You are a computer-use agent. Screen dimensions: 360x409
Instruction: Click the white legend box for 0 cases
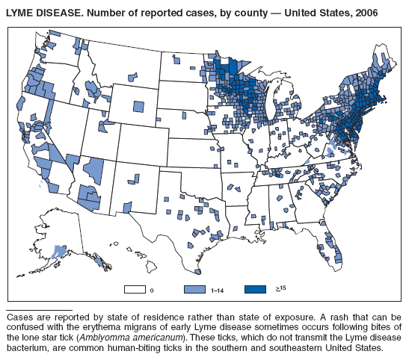pos(135,288)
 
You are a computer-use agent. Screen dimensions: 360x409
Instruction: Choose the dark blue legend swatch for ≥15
pos(254,288)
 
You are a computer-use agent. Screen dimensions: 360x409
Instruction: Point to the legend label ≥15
pos(275,288)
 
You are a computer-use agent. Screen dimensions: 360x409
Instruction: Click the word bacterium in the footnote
pos(28,348)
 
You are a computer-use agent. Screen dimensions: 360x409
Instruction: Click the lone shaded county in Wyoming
pos(138,106)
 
